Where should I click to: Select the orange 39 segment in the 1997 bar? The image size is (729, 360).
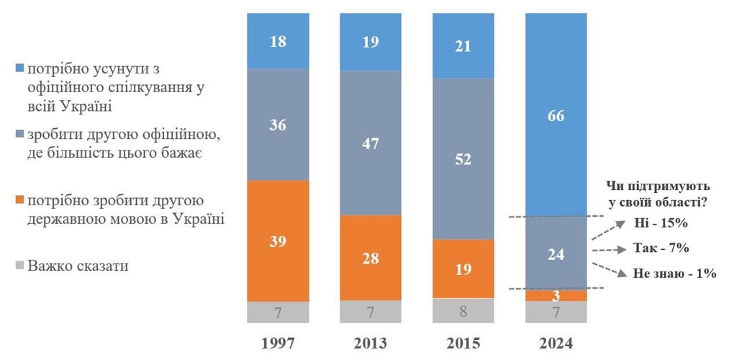pyautogui.click(x=278, y=240)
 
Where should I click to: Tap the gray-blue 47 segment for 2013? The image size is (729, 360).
pyautogui.click(x=371, y=143)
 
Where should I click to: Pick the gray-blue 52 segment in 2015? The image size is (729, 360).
pyautogui.click(x=463, y=158)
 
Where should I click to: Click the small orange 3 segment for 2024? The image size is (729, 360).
pyautogui.click(x=556, y=295)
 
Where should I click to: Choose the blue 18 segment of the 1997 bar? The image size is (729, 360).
pyautogui.click(x=278, y=41)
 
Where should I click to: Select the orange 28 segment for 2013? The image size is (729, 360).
pyautogui.click(x=371, y=258)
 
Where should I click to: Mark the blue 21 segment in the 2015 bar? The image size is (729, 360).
pyautogui.click(x=463, y=45)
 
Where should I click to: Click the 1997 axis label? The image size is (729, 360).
pyautogui.click(x=278, y=342)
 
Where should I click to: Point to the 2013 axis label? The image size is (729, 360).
pyautogui.click(x=371, y=342)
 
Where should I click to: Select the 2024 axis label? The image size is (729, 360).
pyautogui.click(x=556, y=342)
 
